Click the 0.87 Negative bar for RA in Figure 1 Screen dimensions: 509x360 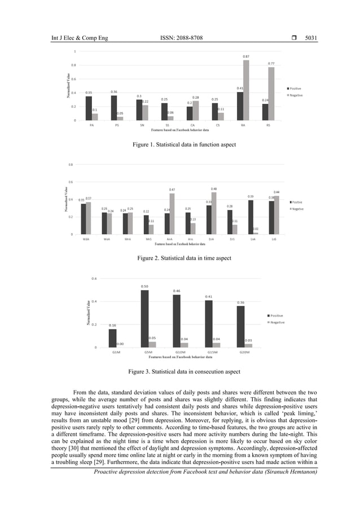[246, 90]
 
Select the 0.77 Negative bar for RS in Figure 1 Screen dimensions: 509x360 [271, 94]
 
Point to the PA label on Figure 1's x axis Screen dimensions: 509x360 [92, 125]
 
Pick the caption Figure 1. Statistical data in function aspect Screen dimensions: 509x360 [184, 145]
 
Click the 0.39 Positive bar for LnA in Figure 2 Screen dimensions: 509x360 [251, 217]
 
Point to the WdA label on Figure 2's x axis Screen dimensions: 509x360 [86, 239]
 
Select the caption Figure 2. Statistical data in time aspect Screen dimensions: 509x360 [184, 258]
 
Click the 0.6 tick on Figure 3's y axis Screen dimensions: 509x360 [94, 278]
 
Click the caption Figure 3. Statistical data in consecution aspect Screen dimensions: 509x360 [184, 372]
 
